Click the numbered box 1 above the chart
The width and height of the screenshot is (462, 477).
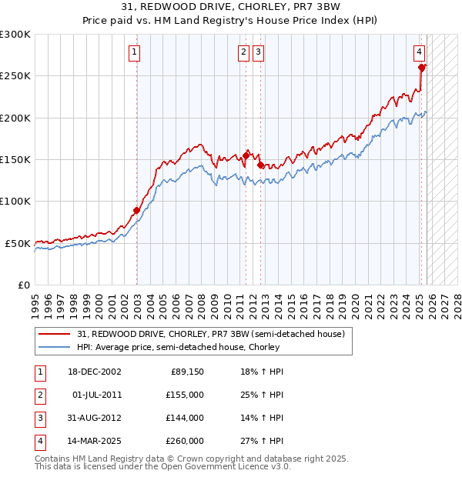coord(135,52)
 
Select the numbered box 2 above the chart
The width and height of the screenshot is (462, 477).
coord(243,52)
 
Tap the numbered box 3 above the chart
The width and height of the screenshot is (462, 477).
coord(258,52)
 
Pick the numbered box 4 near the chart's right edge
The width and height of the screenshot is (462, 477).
coord(419,52)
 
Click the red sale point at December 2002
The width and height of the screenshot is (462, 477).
coord(136,210)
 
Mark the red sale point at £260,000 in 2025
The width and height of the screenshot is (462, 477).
coord(422,68)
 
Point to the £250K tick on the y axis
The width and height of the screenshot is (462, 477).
coord(15,76)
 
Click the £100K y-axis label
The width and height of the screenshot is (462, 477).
coord(15,202)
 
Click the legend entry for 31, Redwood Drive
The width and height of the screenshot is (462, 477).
coord(215,334)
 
